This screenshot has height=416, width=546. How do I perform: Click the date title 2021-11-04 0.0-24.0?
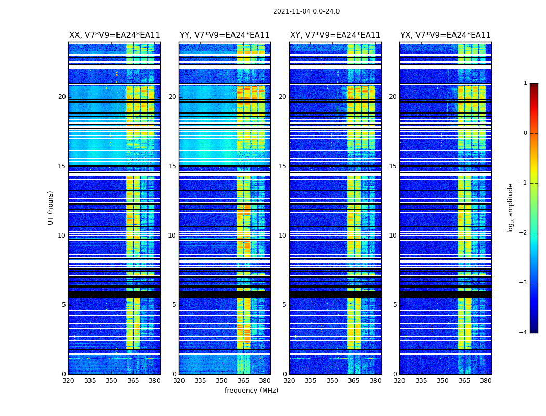click(x=306, y=11)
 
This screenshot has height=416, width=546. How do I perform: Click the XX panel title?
click(x=114, y=35)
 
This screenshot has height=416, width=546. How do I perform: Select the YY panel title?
click(x=225, y=35)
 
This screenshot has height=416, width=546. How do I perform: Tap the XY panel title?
click(x=335, y=35)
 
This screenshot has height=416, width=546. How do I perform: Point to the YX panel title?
click(x=445, y=35)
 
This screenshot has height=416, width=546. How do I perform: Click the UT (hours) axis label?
click(x=51, y=207)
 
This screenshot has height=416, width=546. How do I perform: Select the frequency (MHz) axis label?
click(x=251, y=391)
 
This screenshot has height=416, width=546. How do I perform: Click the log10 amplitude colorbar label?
click(x=511, y=207)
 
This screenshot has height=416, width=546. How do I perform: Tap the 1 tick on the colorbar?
click(x=525, y=83)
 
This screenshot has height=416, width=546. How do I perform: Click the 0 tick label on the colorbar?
click(x=525, y=133)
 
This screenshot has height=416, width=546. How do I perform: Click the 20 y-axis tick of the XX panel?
click(x=62, y=97)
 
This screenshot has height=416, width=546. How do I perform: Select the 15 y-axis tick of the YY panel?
click(x=172, y=166)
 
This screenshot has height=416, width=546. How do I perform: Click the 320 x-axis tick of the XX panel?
click(x=68, y=381)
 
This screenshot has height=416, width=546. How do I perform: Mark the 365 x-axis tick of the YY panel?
click(x=243, y=381)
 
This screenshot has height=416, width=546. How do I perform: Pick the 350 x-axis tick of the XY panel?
click(x=332, y=381)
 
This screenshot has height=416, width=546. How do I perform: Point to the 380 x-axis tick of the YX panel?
click(x=486, y=381)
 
